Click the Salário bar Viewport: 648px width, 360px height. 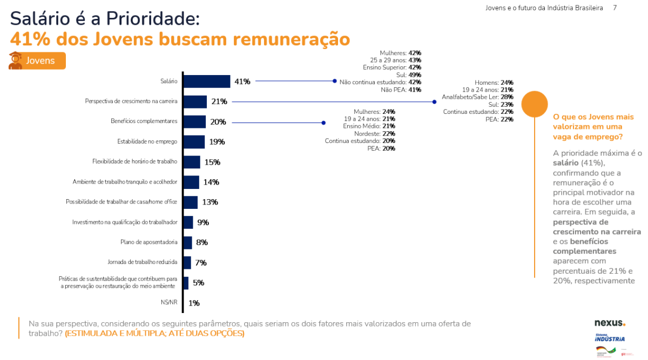[207, 81]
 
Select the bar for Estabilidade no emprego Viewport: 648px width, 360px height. [194, 142]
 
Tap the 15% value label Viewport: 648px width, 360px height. [212, 162]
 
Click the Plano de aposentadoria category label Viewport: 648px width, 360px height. [149, 242]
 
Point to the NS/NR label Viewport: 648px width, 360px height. [169, 302]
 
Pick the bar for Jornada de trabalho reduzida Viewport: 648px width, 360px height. [187, 263]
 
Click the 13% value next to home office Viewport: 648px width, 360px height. [210, 202]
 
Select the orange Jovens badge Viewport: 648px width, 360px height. [37, 60]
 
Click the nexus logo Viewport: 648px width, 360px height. [610, 323]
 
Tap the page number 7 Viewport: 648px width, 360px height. [615, 8]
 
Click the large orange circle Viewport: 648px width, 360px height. [535, 104]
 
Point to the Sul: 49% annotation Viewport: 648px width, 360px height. [409, 75]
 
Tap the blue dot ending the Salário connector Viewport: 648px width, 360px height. [335, 81]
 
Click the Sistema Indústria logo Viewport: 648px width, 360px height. [610, 338]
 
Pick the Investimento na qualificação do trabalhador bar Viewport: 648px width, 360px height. [188, 222]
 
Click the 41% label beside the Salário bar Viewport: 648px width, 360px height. [242, 81]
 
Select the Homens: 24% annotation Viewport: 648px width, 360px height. [494, 83]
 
